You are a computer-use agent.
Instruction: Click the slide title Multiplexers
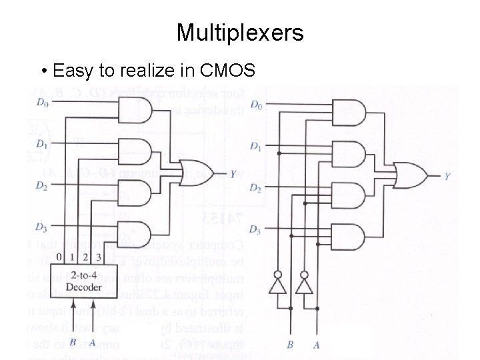[240, 32]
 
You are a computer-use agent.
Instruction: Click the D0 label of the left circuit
[42, 103]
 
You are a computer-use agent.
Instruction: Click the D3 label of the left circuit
[42, 229]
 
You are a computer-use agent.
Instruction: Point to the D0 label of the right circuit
[256, 105]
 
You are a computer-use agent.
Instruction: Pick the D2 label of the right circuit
[256, 189]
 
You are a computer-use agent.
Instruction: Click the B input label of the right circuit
[290, 345]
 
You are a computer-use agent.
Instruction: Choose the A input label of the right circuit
[317, 345]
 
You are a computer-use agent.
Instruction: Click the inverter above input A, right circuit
[305, 285]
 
